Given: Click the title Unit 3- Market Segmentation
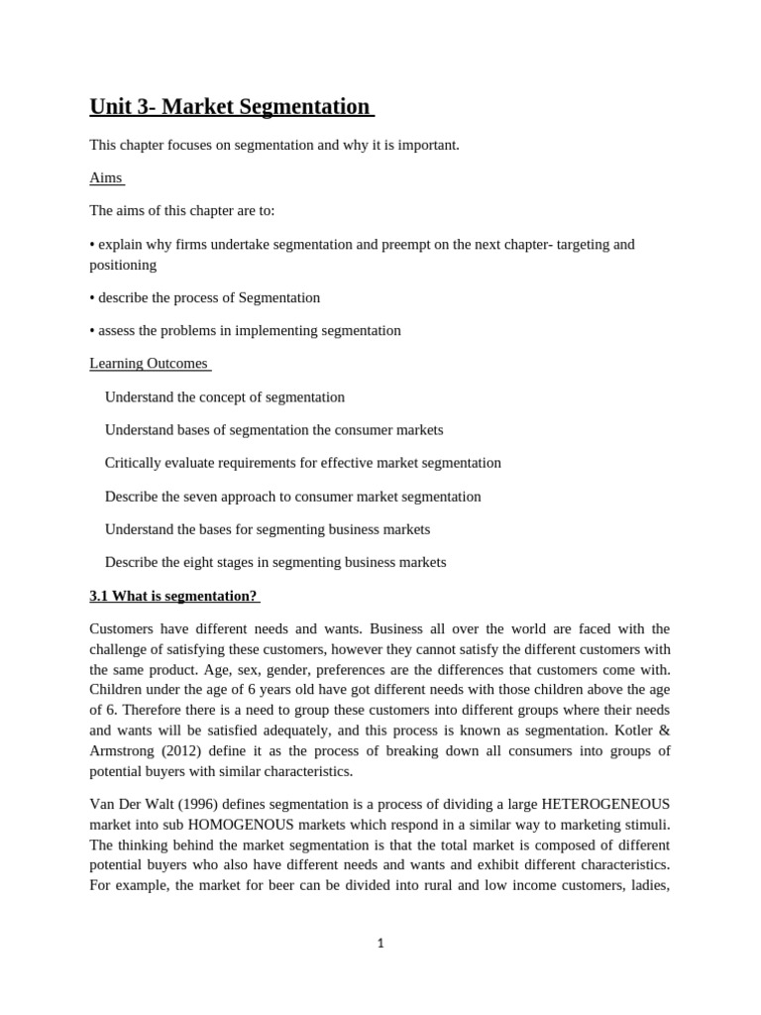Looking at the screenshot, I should [x=230, y=106].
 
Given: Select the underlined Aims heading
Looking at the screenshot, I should [x=105, y=178].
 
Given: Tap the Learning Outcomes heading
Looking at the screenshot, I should [x=149, y=364].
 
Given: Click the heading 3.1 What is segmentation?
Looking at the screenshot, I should [x=173, y=596].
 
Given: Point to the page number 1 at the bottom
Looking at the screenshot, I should [x=380, y=944].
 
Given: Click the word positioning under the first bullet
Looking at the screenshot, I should [x=123, y=266].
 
